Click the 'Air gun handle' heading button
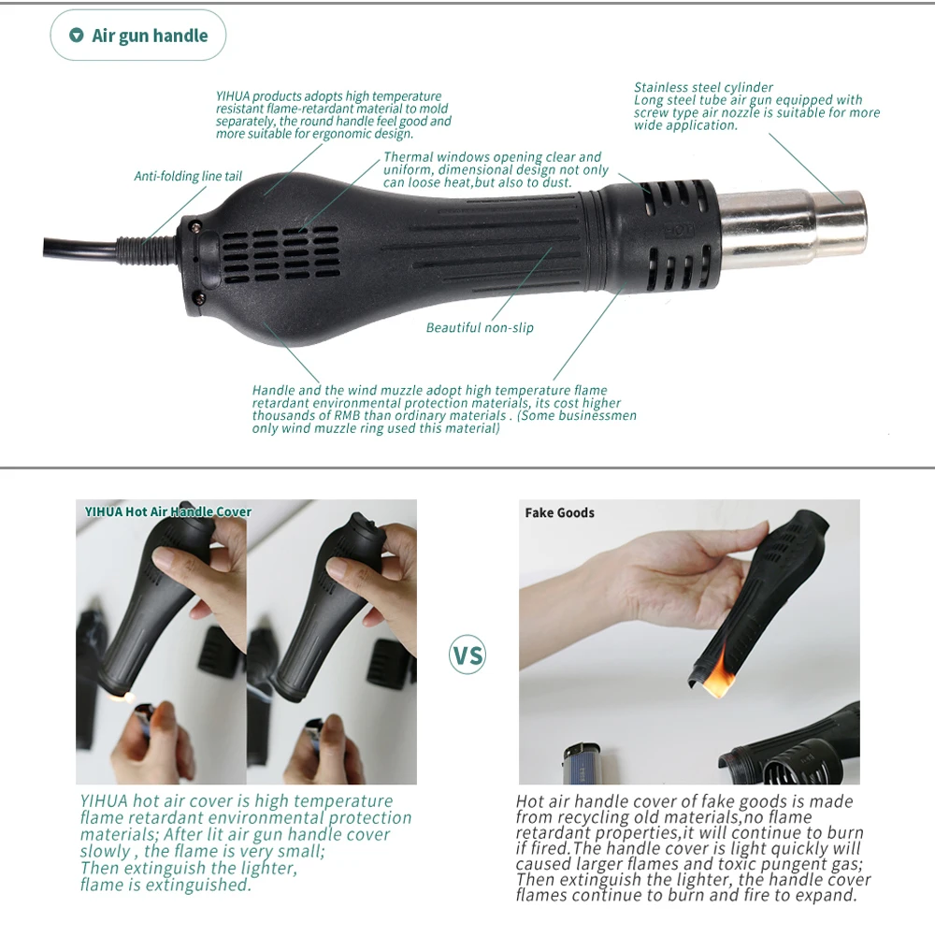point(138,36)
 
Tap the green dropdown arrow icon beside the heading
point(77,36)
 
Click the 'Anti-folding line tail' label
point(188,176)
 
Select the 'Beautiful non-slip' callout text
point(480,327)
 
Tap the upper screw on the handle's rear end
point(196,224)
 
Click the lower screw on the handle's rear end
point(198,297)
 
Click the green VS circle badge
point(467,654)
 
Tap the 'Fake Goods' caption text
point(559,512)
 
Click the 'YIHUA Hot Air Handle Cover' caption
point(167,511)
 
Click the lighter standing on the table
point(581,762)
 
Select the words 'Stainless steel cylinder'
point(703,88)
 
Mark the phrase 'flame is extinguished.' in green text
point(165,885)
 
